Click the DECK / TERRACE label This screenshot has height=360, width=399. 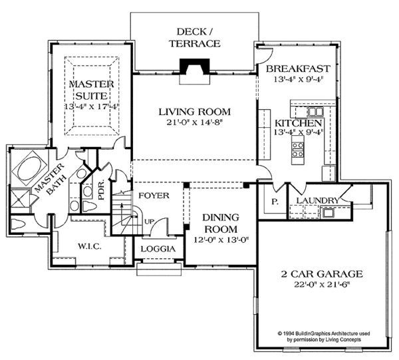click(195, 38)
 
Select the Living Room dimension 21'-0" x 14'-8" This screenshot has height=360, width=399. click(195, 122)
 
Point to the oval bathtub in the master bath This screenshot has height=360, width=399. click(31, 168)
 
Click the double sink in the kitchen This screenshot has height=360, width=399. click(315, 112)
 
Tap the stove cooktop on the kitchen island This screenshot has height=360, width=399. click(298, 150)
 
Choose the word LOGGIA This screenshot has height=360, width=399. click(158, 249)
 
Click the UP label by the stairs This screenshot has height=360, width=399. click(150, 222)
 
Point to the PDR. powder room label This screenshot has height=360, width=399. click(101, 190)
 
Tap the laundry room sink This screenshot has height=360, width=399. click(328, 212)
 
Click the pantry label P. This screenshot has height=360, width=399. click(275, 202)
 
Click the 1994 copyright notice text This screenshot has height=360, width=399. click(324, 336)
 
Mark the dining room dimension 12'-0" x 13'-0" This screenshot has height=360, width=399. click(221, 240)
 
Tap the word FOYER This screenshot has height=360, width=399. click(154, 196)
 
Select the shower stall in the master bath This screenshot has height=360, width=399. click(19, 198)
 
